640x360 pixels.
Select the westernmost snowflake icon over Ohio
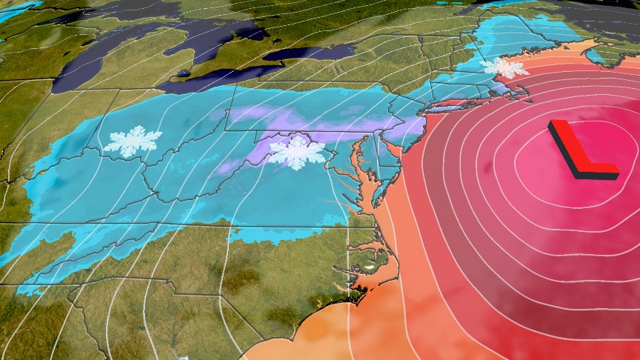(132, 141)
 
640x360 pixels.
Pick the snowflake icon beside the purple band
(296, 152)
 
